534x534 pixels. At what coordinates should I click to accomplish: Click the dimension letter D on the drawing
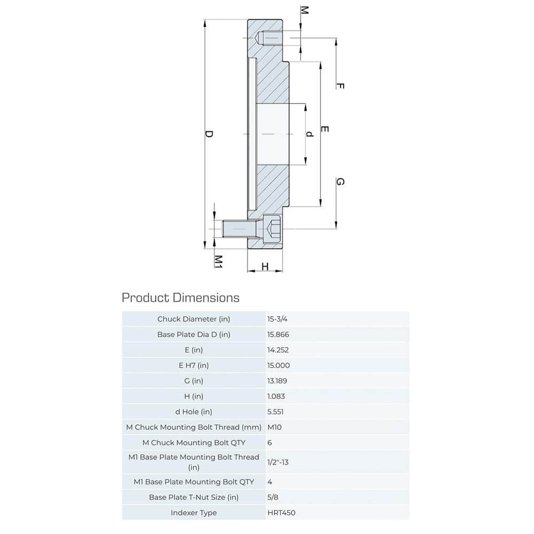pos(209,133)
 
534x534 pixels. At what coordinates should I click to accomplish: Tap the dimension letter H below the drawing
pos(264,266)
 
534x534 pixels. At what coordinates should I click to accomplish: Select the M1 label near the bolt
pos(218,261)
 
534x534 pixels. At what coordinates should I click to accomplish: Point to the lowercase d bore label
pos(309,133)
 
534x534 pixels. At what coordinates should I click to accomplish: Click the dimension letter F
pos(340,86)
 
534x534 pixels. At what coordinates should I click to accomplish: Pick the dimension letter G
pos(340,182)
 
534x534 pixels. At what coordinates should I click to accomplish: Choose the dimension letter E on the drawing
pos(324,129)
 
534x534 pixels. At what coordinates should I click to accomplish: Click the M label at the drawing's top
pos(304,11)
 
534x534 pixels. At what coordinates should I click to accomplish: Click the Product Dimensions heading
pos(180,297)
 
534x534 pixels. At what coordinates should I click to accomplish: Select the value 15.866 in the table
pos(278,334)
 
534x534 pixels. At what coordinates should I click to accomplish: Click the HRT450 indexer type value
pos(281,513)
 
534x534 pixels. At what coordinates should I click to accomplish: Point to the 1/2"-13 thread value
pos(278,462)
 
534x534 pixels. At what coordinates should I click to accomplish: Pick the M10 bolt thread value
pos(274,427)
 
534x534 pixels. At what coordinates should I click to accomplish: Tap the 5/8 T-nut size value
pos(272,497)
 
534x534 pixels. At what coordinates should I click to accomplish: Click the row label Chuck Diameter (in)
pos(194,319)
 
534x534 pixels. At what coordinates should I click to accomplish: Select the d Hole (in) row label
pos(194,412)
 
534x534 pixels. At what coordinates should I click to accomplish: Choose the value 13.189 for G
pos(278,381)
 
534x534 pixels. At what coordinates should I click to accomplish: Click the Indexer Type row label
pos(194,513)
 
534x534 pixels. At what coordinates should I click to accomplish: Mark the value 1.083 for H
pos(276,396)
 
